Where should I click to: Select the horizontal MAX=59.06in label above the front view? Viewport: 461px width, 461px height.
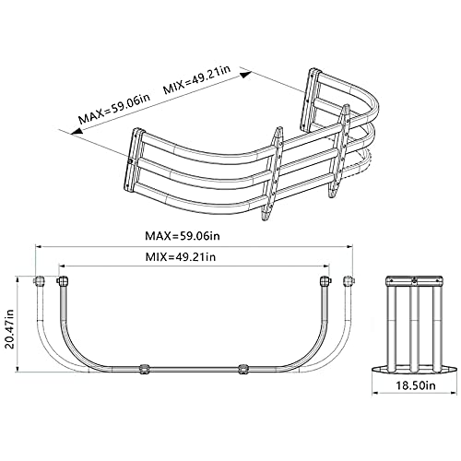pos(193,236)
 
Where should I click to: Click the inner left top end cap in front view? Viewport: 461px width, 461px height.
pos(63,280)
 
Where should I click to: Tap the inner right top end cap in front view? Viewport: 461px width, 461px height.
pos(324,280)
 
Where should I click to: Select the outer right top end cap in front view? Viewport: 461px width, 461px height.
pos(349,280)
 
